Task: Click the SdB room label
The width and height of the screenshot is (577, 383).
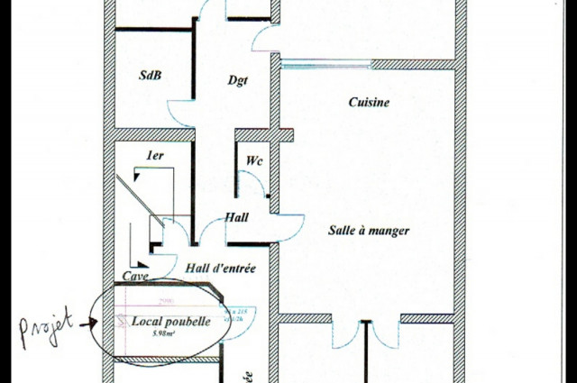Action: [x=150, y=75]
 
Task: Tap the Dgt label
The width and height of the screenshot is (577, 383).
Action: [x=237, y=80]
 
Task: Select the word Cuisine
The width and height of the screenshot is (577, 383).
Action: [x=369, y=103]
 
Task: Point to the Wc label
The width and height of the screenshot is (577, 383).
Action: [x=254, y=161]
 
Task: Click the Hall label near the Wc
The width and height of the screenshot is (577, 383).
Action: [x=237, y=217]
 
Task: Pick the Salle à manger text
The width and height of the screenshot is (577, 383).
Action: [x=369, y=231]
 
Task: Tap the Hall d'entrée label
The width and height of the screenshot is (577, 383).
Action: [x=221, y=268]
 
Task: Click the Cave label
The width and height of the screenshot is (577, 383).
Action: [x=135, y=276]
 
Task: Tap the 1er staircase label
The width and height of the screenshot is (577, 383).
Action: [x=155, y=156]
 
